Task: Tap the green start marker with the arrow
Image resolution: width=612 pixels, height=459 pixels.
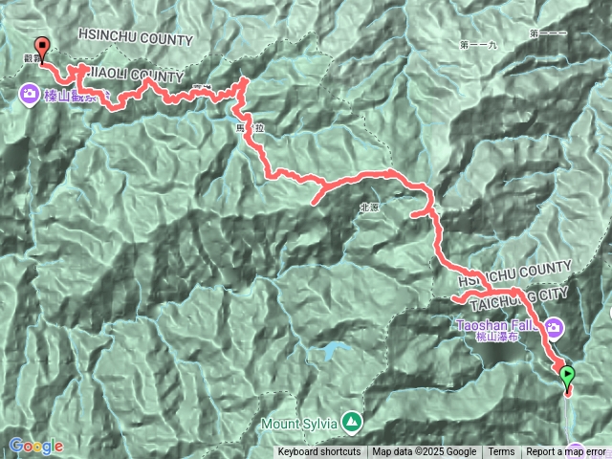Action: [567, 376]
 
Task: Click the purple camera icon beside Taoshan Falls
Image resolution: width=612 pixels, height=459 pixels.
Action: [554, 330]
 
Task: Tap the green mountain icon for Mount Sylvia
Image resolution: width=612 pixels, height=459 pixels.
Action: [353, 420]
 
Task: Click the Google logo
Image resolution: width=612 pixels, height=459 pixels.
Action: [36, 446]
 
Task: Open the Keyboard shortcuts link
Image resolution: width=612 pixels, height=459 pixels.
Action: [319, 452]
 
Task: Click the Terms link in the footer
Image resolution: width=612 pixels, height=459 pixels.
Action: [501, 452]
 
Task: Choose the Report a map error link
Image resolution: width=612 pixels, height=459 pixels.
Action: [566, 452]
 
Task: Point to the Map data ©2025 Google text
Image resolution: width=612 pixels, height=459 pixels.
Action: [425, 452]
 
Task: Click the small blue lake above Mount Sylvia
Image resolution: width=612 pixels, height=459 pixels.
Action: [332, 351]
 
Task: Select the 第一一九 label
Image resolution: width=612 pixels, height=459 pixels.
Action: [478, 45]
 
